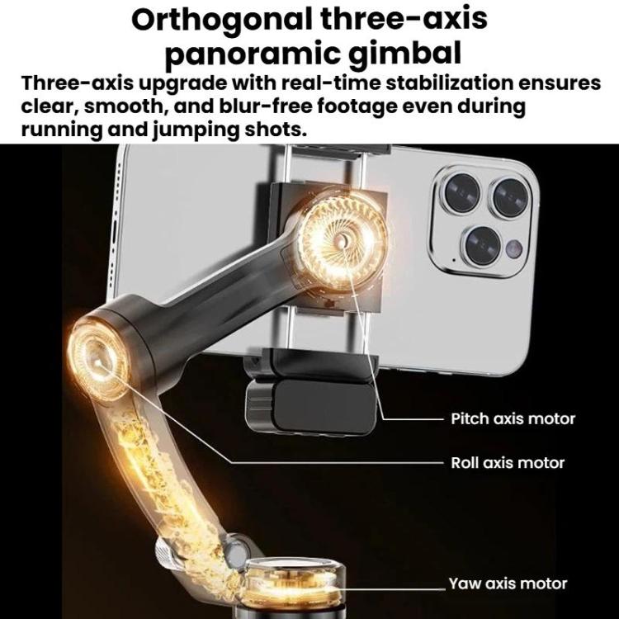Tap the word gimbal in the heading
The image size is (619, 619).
(x=405, y=54)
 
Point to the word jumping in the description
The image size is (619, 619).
(x=196, y=130)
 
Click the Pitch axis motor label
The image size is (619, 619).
(x=513, y=418)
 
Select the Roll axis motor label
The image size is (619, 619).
(x=508, y=463)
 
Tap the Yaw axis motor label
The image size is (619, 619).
(x=508, y=584)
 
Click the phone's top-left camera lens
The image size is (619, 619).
(x=462, y=192)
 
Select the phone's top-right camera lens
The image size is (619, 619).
(x=511, y=197)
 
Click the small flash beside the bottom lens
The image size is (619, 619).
(x=514, y=248)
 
